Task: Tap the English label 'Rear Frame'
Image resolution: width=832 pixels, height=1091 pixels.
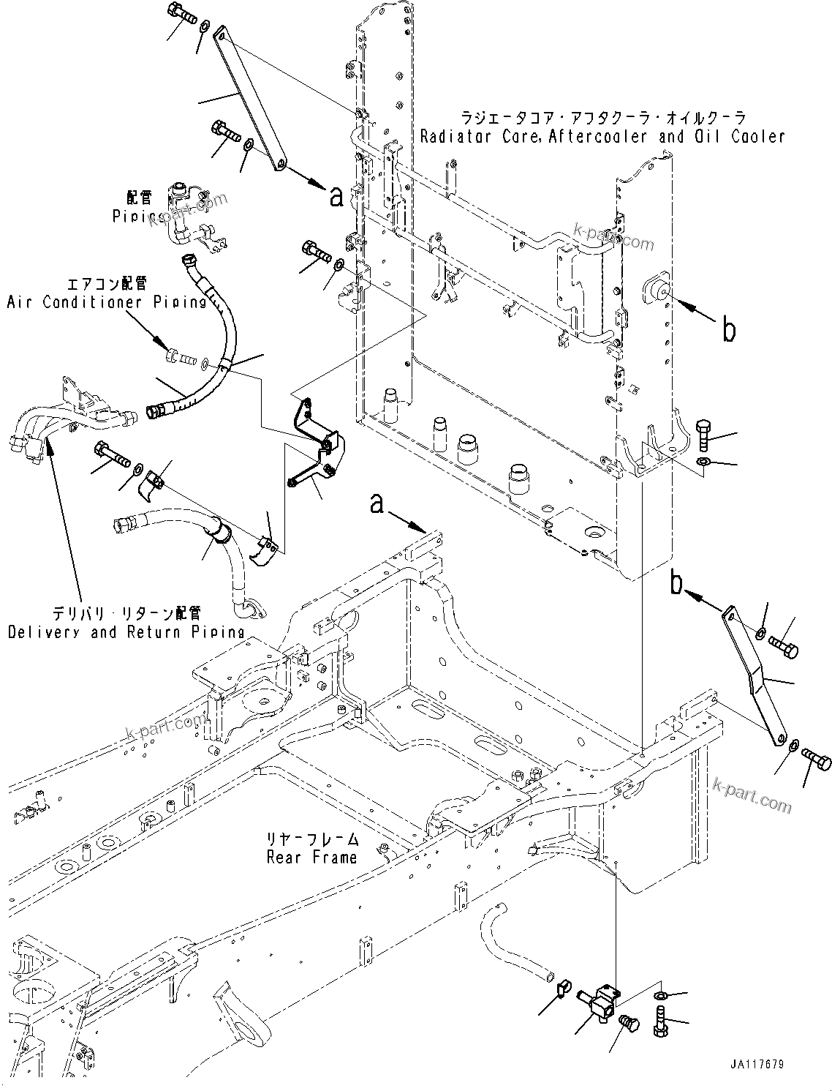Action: [x=312, y=857]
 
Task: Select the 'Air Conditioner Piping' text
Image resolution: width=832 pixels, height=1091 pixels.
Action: [x=107, y=301]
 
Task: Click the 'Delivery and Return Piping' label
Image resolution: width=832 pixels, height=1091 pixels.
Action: [x=126, y=631]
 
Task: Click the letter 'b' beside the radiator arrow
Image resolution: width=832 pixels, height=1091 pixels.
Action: [x=728, y=331]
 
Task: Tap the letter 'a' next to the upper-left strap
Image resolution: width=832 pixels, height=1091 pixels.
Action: [x=336, y=196]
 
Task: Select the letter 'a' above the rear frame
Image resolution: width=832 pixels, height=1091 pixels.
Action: [x=377, y=504]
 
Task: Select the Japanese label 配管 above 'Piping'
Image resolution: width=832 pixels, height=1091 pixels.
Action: [x=138, y=198]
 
